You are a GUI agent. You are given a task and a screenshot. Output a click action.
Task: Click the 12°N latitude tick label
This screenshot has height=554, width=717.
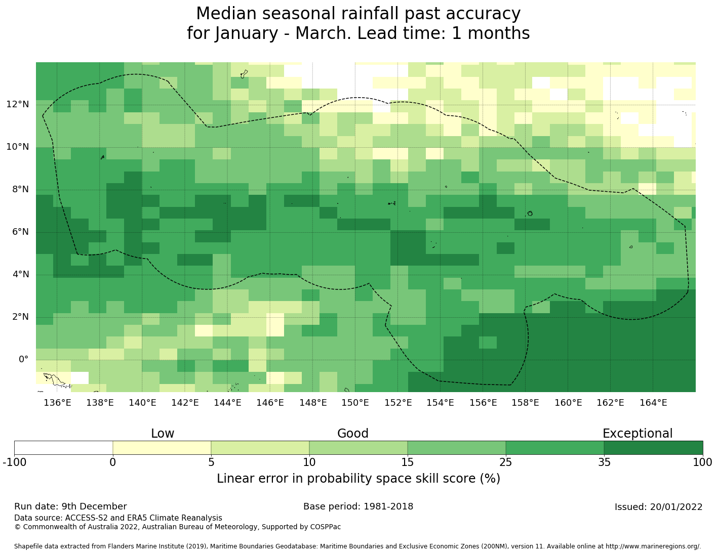pyautogui.click(x=18, y=105)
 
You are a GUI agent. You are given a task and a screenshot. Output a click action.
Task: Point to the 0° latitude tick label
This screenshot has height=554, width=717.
pyautogui.click(x=24, y=360)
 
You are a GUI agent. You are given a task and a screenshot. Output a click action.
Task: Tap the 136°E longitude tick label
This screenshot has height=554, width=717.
pyautogui.click(x=57, y=403)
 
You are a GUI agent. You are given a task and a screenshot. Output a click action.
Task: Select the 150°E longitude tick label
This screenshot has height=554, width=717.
pyautogui.click(x=355, y=403)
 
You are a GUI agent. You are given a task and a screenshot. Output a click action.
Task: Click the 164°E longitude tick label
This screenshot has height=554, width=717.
pyautogui.click(x=653, y=403)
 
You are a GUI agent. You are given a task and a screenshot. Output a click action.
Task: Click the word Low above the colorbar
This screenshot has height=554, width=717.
pyautogui.click(x=163, y=434)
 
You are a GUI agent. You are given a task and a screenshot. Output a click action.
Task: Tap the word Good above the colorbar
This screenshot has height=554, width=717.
pyautogui.click(x=353, y=434)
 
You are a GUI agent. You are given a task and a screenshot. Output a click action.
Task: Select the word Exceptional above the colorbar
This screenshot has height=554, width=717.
pyautogui.click(x=638, y=434)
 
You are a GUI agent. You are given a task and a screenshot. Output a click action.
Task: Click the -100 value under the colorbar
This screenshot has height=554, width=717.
pyautogui.click(x=14, y=462)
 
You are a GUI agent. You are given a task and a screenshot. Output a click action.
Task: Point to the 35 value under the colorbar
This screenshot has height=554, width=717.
pyautogui.click(x=604, y=462)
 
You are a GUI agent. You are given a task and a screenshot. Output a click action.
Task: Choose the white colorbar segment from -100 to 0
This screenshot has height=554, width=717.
pyautogui.click(x=63, y=448)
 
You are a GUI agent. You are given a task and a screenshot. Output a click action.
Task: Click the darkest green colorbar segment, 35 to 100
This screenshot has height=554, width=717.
pyautogui.click(x=653, y=448)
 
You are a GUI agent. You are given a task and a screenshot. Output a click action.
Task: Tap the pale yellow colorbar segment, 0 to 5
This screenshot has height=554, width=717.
pyautogui.click(x=162, y=448)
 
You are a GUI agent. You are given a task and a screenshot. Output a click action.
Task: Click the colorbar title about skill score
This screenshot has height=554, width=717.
pyautogui.click(x=358, y=479)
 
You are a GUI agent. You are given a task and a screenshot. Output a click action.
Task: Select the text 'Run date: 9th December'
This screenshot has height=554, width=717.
pyautogui.click(x=70, y=506)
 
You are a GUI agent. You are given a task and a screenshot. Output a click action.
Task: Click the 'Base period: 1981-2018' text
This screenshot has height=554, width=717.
pyautogui.click(x=358, y=506)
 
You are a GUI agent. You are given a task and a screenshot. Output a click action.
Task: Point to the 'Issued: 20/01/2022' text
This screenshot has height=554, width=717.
pyautogui.click(x=658, y=507)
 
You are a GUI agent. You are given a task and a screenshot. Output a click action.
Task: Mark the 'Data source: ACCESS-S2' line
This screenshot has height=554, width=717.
pyautogui.click(x=118, y=518)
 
